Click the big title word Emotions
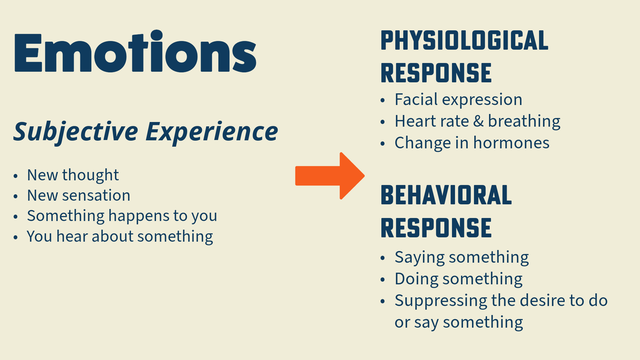coord(135,53)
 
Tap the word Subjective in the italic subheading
coord(76,132)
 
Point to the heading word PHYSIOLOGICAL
coord(464,41)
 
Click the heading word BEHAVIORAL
coord(446,196)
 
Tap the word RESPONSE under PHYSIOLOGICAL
coord(436,73)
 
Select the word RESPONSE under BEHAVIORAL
coord(436,228)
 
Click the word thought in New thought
coord(90,175)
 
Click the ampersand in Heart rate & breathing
coord(478,121)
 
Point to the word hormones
coord(511,143)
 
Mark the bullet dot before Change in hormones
coord(383,144)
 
